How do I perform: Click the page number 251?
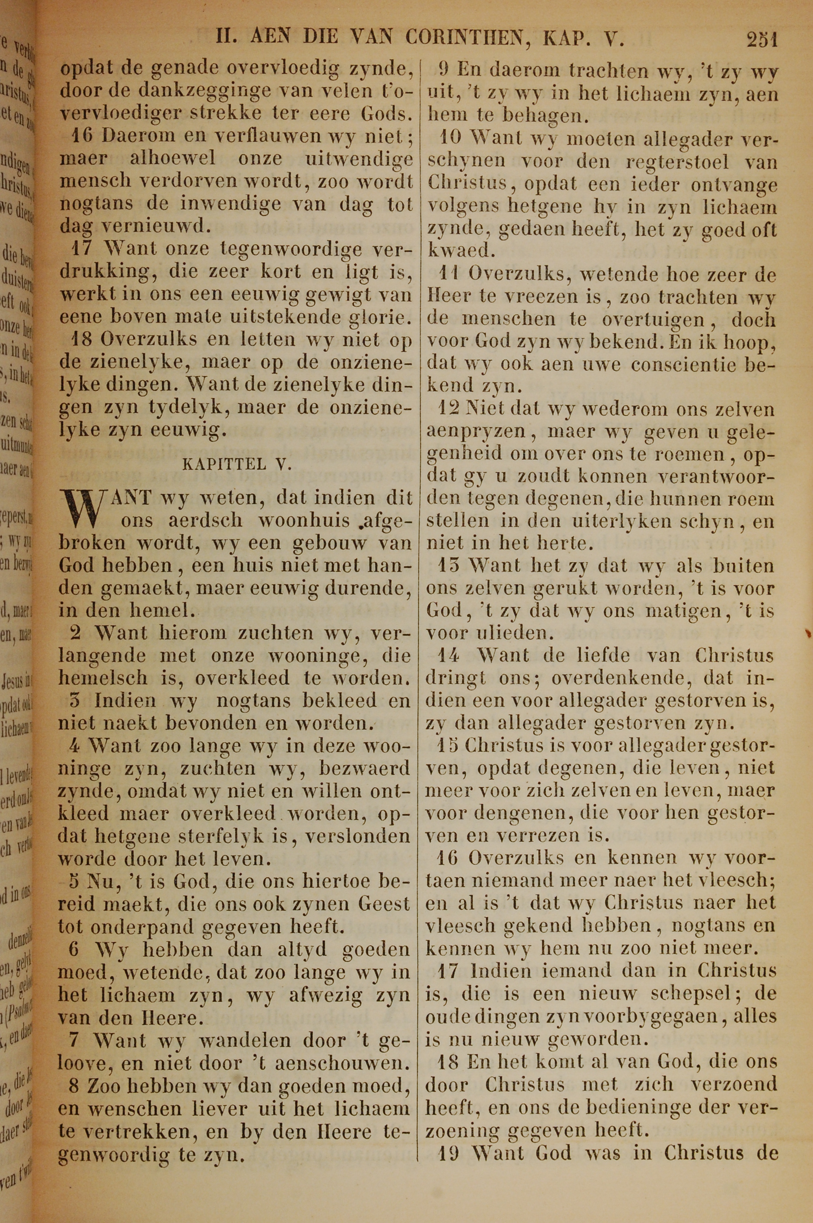coord(762,39)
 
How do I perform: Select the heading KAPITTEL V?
coord(238,464)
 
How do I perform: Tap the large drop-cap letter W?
coord(83,509)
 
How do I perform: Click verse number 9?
coord(444,69)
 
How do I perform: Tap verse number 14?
coord(448,656)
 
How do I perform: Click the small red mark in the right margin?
coord(807,633)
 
